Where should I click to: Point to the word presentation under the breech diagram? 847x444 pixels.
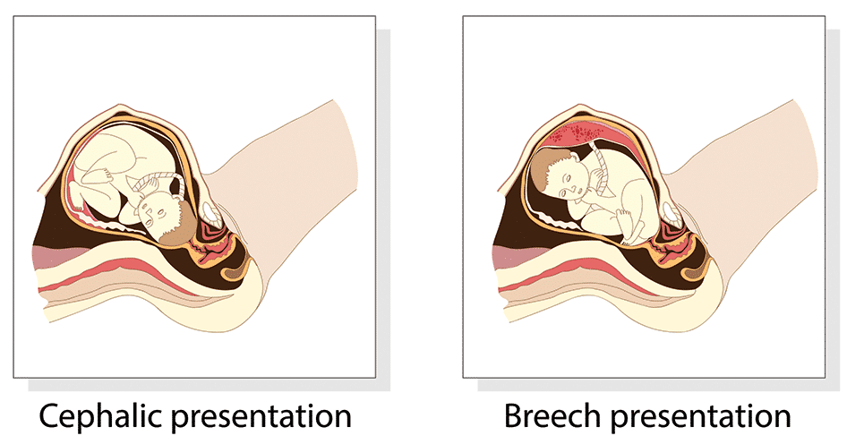coord(700,418)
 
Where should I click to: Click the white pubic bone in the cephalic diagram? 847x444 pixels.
coord(210,213)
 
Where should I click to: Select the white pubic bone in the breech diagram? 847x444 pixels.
coord(671,213)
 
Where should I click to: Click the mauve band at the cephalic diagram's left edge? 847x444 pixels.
coord(48,257)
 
